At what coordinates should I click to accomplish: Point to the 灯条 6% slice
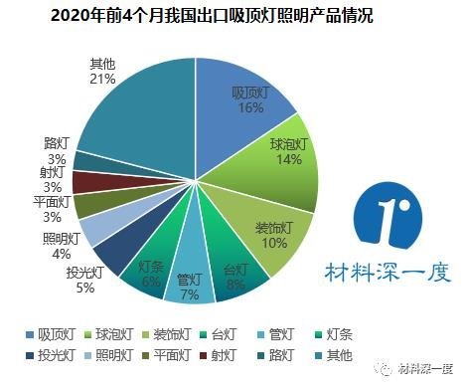pyautogui.click(x=152, y=269)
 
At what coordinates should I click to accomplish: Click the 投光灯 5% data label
pyautogui.click(x=80, y=280)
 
